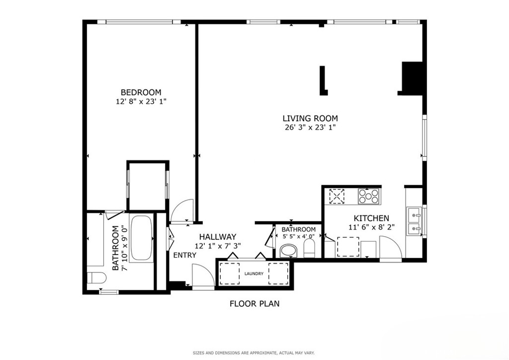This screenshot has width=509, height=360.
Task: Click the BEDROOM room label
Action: pos(141,92)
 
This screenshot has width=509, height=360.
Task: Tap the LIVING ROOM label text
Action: pos(310,118)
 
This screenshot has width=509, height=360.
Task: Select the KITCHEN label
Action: pos(371,218)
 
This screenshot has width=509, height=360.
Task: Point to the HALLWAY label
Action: pos(218,237)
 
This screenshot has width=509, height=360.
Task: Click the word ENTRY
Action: pos(185,255)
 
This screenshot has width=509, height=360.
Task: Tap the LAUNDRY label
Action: pos(254,273)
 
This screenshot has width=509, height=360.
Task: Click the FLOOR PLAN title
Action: pos(254,304)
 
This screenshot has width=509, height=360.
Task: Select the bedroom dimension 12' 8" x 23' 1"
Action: pos(141,101)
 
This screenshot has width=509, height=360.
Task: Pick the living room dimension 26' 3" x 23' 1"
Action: pos(310,128)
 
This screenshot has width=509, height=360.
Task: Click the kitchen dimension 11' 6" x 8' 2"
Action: pos(371,227)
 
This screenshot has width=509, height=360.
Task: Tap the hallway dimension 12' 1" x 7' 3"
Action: pos(218,246)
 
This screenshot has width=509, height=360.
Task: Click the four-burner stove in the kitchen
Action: pos(369,196)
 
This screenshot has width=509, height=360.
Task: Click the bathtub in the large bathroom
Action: pos(141,238)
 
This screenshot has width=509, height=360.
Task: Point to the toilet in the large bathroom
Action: pos(97,278)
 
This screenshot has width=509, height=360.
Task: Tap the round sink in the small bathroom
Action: pos(289,251)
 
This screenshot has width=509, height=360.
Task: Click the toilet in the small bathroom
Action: pos(309,248)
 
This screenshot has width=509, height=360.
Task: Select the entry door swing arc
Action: pos(208,272)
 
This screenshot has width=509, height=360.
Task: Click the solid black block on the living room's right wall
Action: pos(410,78)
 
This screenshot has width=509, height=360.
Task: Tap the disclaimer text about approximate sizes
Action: pos(254,353)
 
